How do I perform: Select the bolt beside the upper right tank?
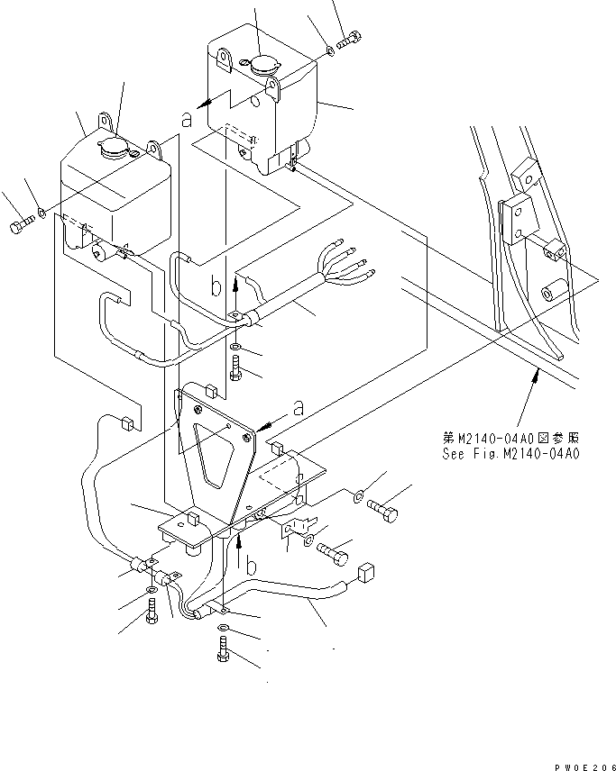coord(351,40)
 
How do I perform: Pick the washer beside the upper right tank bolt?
coord(330,51)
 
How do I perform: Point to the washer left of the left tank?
coord(43,215)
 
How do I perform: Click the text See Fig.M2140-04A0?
coord(510,454)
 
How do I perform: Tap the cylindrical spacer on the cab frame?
coord(552,293)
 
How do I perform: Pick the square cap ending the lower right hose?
coord(365,574)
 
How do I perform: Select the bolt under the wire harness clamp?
coord(234,367)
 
